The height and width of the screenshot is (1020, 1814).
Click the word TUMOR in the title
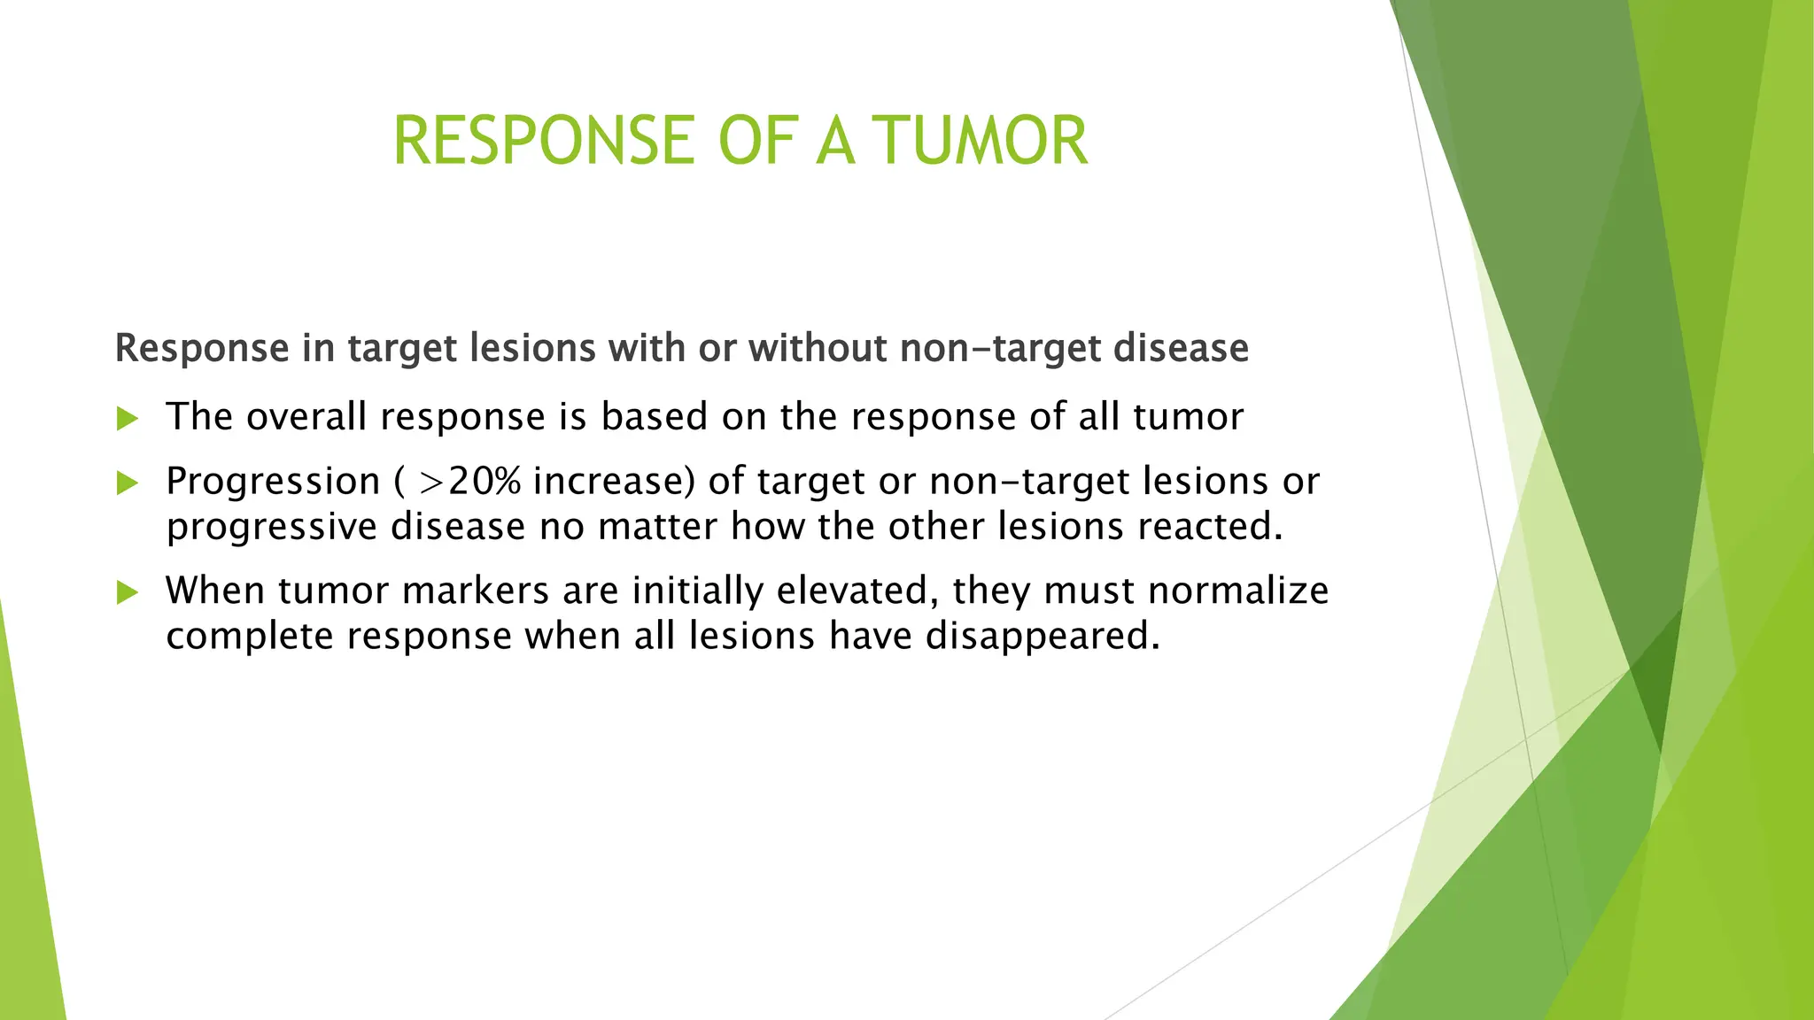pyautogui.click(x=981, y=141)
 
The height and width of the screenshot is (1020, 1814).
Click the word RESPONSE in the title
pyautogui.click(x=543, y=141)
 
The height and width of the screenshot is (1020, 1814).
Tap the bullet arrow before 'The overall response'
pyautogui.click(x=128, y=418)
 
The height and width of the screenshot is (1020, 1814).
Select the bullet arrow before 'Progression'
pyautogui.click(x=128, y=483)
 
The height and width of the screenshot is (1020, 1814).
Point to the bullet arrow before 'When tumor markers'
pyautogui.click(x=128, y=592)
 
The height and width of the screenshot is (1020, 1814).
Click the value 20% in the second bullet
pyautogui.click(x=485, y=482)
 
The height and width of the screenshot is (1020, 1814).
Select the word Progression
pyautogui.click(x=273, y=483)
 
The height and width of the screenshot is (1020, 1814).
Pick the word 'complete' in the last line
pyautogui.click(x=250, y=637)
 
